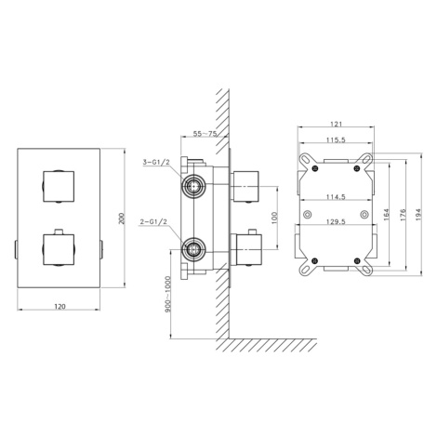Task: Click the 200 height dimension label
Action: [122, 218]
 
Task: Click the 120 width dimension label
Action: [60, 307]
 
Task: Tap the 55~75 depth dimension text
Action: [205, 134]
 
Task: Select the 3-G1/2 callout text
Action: [157, 162]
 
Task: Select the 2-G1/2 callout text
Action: [153, 222]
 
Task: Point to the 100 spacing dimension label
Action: [273, 218]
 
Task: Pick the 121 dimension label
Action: [336, 124]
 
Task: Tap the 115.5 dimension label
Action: [336, 140]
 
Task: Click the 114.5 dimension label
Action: [336, 197]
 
